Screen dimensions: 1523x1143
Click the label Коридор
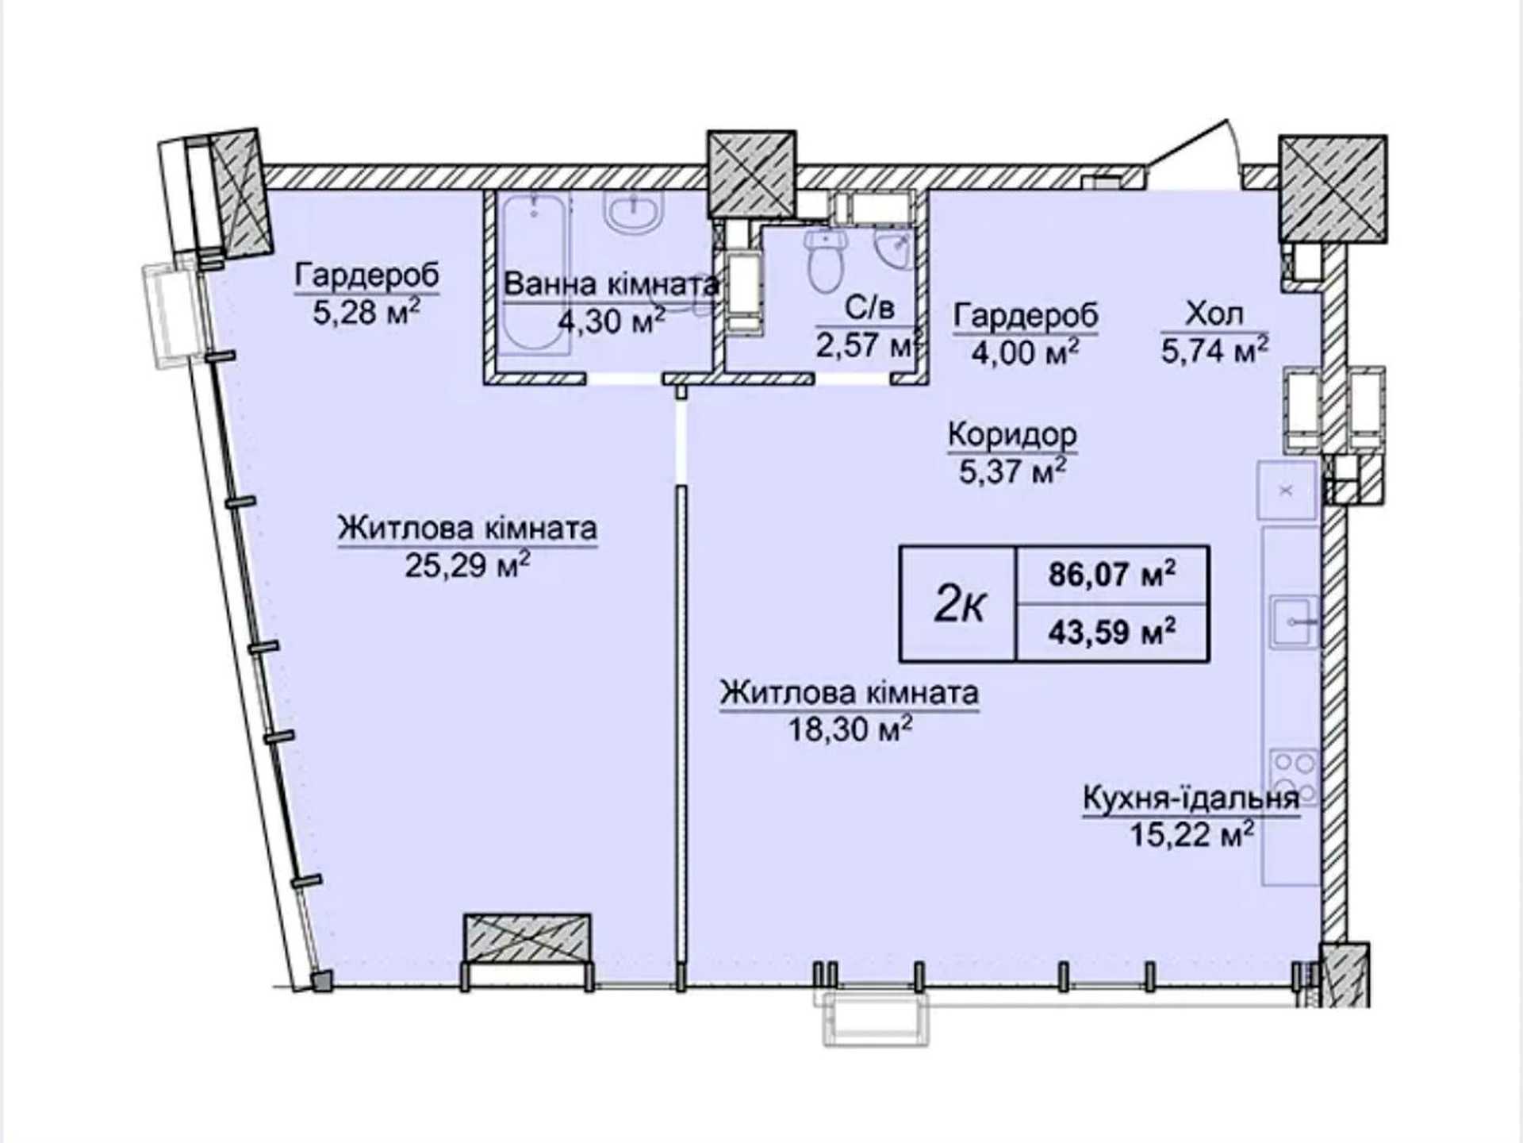pyautogui.click(x=1012, y=435)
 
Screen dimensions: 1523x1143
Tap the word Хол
pyautogui.click(x=1214, y=314)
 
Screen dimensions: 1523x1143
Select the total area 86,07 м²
pyautogui.click(x=1112, y=574)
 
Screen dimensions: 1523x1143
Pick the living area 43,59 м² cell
pyautogui.click(x=1112, y=633)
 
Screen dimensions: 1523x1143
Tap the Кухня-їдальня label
pyautogui.click(x=1191, y=799)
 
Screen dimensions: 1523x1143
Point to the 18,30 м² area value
pyautogui.click(x=850, y=729)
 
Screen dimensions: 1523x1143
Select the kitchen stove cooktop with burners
pyautogui.click(x=1294, y=777)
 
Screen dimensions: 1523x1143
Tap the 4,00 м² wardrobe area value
pyautogui.click(x=1025, y=352)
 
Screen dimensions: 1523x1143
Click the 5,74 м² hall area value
pyautogui.click(x=1214, y=349)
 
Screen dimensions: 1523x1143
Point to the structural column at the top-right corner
pyautogui.click(x=1333, y=189)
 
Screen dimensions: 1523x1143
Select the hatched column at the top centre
pyautogui.click(x=751, y=174)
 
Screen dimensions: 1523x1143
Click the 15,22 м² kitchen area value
pyautogui.click(x=1191, y=835)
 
